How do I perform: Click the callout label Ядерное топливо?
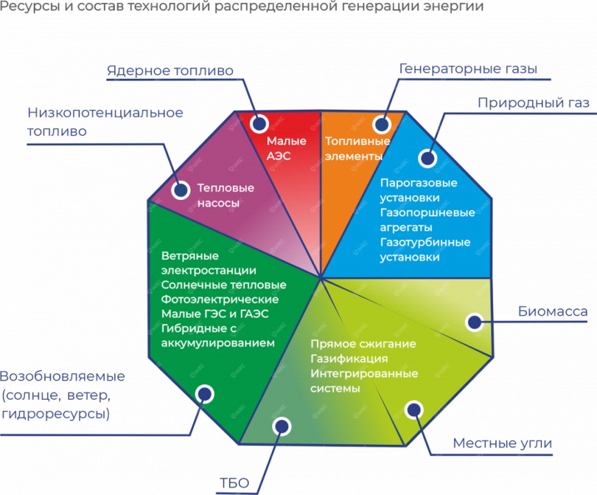[170, 71]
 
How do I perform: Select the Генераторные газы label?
[468, 69]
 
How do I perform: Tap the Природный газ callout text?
[534, 103]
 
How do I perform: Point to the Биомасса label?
[552, 312]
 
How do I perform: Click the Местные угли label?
[502, 443]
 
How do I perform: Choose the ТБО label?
[234, 483]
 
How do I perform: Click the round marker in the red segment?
[260, 123]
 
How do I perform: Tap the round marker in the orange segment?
[382, 124]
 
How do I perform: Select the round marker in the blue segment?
[428, 158]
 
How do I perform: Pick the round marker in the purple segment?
[180, 190]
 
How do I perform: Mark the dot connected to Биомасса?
[474, 322]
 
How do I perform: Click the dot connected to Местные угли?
[415, 410]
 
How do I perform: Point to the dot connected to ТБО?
[282, 426]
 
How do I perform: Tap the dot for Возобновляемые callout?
[205, 394]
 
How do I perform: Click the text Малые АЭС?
[286, 148]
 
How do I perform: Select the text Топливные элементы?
[357, 149]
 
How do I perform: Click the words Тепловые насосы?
[225, 195]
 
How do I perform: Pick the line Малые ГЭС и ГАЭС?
[215, 314]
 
